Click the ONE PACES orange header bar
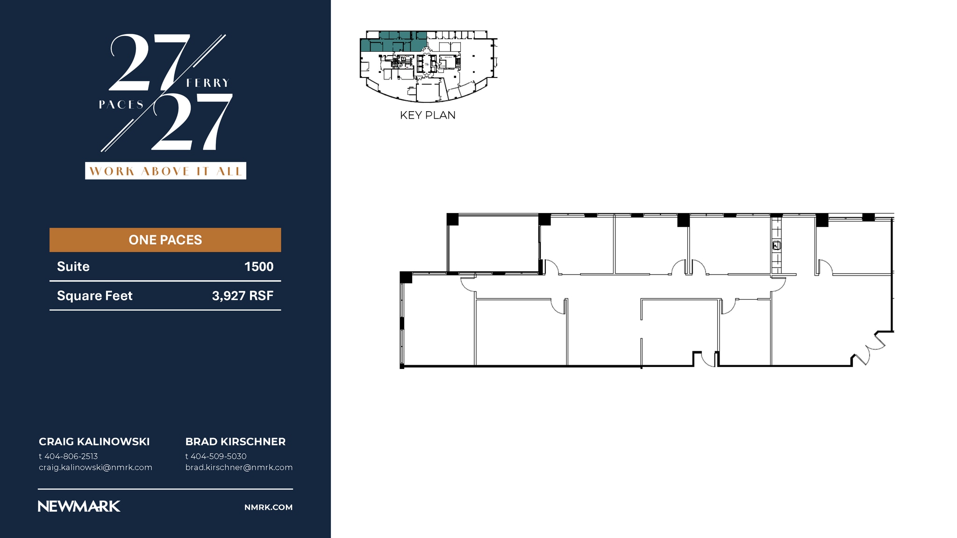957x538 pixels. pos(165,240)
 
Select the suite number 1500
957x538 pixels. pos(259,267)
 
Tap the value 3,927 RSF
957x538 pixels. pos(243,296)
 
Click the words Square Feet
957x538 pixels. pos(95,296)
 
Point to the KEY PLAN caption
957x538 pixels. pos(428,115)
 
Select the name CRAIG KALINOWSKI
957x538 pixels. pos(94,442)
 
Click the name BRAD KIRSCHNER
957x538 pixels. pos(236,442)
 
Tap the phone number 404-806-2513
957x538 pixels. pos(71,456)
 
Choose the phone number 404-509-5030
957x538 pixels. pos(219,456)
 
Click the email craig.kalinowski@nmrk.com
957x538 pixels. pos(95,467)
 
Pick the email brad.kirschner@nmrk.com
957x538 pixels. pos(239,467)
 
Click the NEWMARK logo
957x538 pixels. pos(79,507)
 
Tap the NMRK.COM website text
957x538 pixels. pos(268,507)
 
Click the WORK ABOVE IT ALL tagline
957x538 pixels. pos(165,171)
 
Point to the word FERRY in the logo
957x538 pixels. pos(208,83)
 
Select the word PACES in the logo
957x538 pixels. pos(121,105)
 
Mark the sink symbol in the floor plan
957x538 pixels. pos(776,245)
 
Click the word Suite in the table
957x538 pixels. pos(73,267)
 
